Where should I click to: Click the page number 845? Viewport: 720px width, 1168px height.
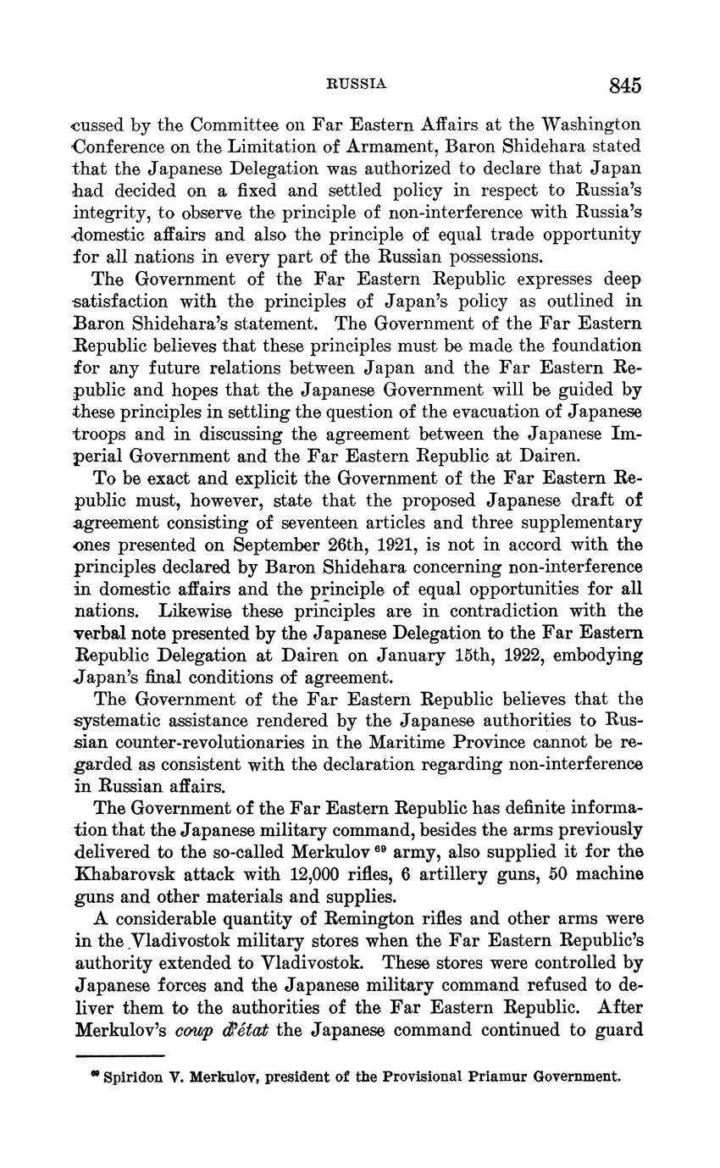623,85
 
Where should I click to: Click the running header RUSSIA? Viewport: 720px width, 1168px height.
357,84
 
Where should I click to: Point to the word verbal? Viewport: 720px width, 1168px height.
98,633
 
